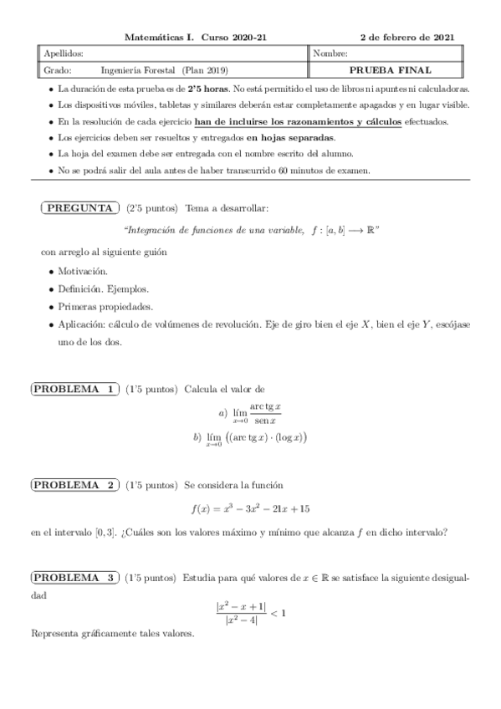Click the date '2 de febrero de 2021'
point(407,38)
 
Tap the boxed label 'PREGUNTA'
point(78,207)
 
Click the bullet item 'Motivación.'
point(83,272)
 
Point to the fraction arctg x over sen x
point(265,413)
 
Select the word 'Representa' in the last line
point(54,634)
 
